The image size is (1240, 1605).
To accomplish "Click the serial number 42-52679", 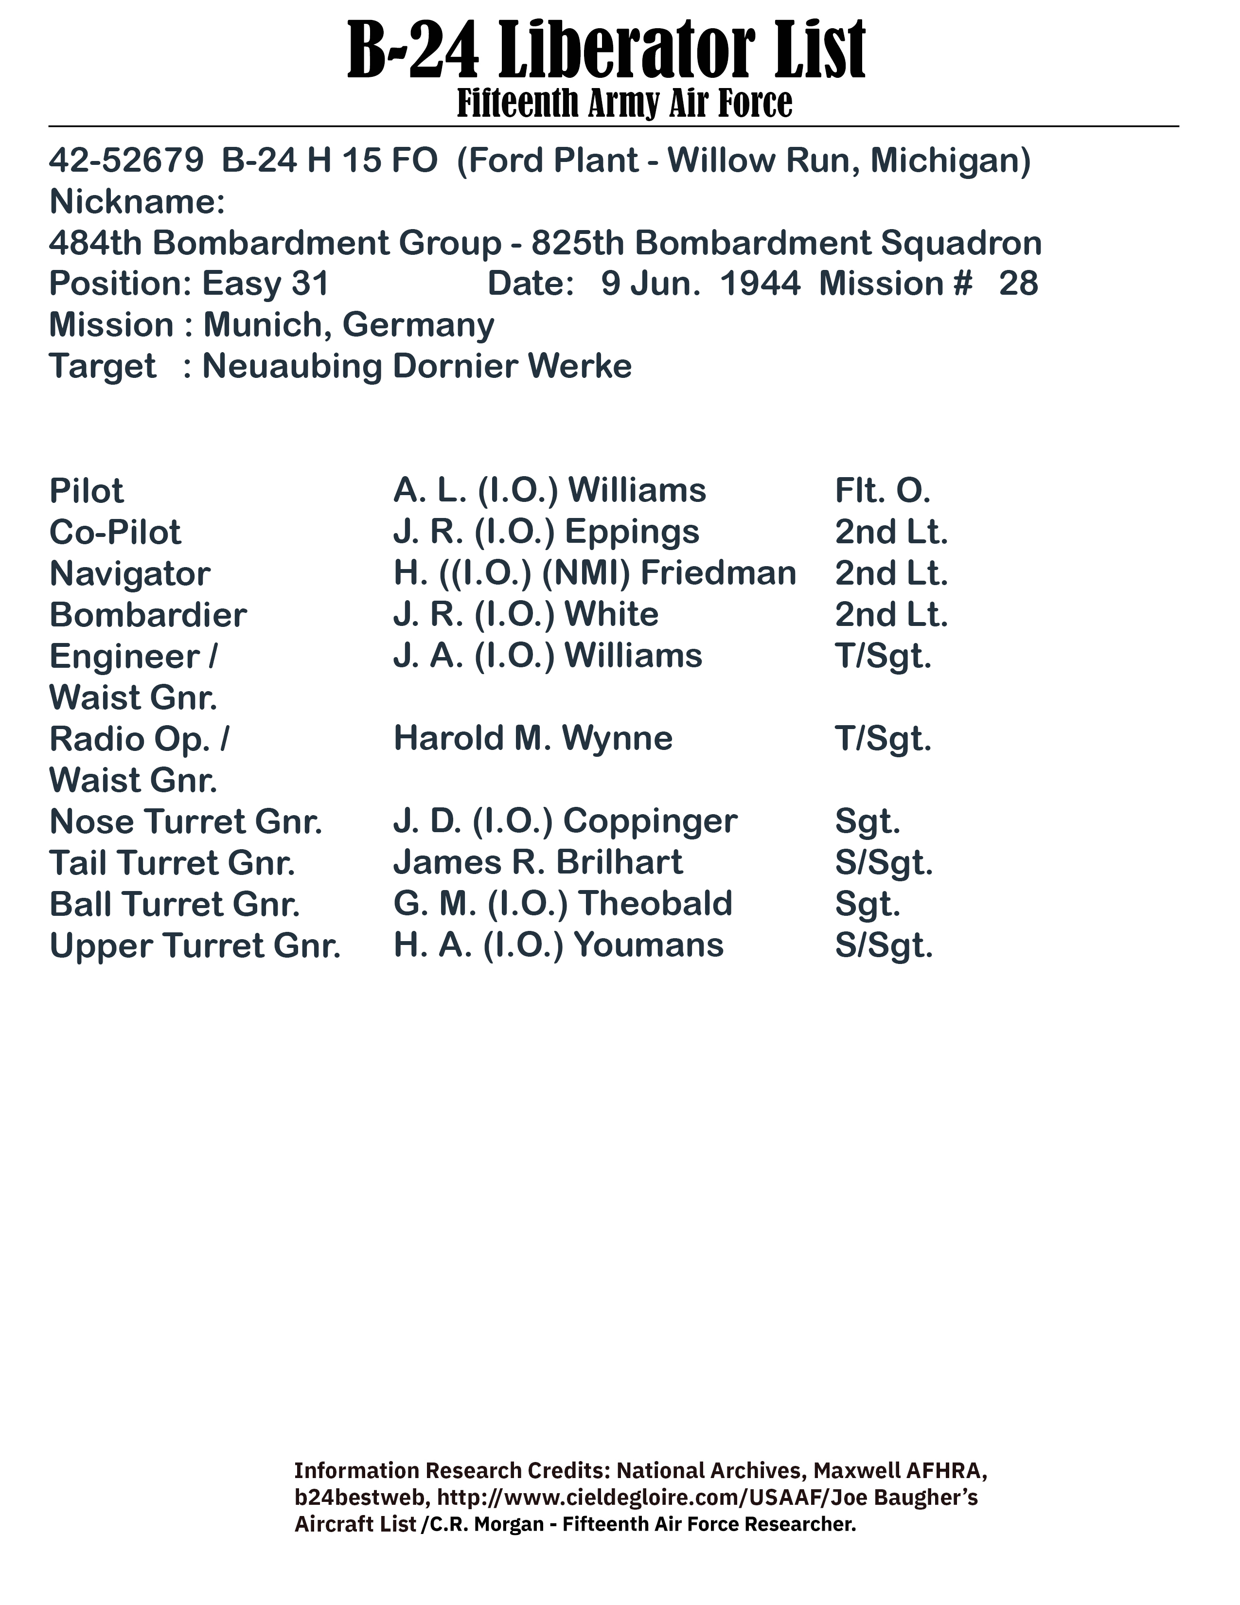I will pos(125,161).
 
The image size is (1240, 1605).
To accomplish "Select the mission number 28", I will pos(1018,284).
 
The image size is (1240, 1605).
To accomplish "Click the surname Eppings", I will pos(632,533).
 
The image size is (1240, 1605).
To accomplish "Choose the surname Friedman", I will pos(718,573).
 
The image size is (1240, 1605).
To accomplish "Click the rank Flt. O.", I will pos(882,491).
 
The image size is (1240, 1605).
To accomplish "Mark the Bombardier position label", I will pos(148,615).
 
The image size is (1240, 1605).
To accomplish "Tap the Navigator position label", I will pos(129,574).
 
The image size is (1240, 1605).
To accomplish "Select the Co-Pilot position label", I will pos(115,533).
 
